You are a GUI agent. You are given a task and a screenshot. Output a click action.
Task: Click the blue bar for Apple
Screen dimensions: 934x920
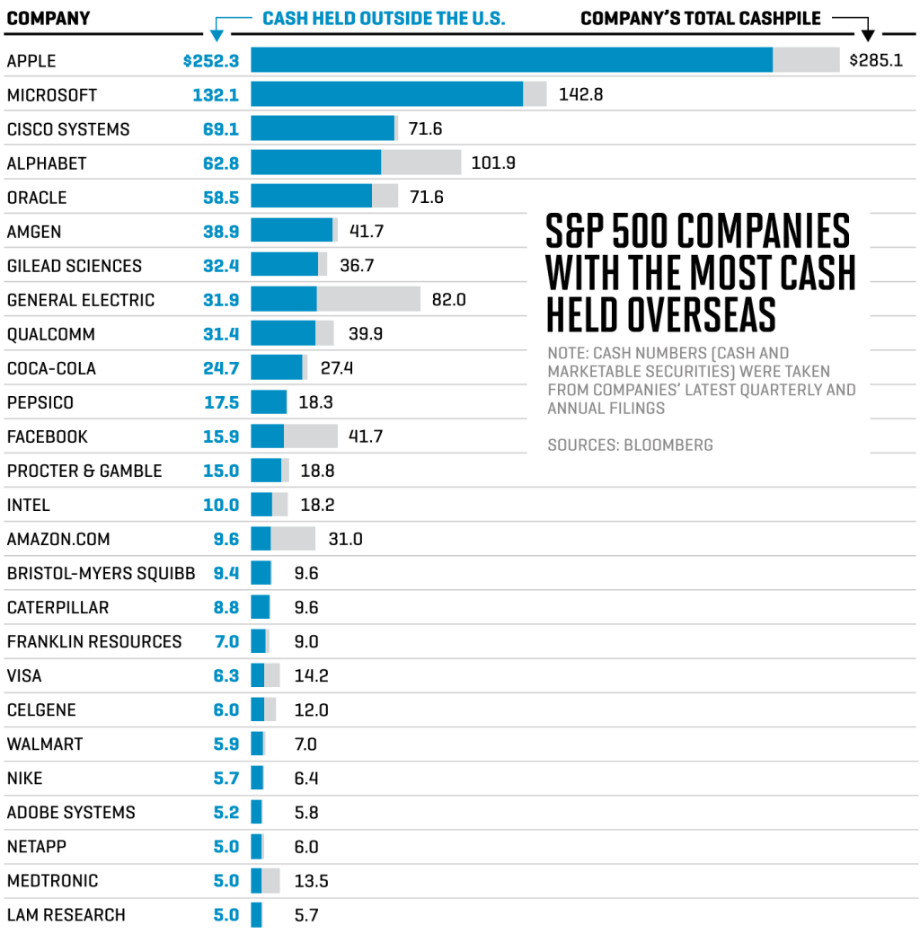click(511, 60)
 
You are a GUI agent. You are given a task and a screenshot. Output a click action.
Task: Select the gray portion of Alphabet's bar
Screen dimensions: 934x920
click(420, 163)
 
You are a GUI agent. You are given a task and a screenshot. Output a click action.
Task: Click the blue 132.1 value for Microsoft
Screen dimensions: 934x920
click(216, 95)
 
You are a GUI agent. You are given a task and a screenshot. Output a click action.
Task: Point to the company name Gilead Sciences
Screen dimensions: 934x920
click(74, 266)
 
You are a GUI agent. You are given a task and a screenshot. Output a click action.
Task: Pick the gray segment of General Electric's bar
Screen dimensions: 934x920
click(368, 299)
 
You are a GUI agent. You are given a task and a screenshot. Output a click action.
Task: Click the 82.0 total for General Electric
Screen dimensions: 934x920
click(448, 300)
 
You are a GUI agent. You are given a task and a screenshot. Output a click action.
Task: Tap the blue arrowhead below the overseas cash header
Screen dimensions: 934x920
click(216, 35)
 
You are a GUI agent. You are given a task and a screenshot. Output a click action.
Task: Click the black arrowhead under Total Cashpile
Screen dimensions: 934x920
click(868, 35)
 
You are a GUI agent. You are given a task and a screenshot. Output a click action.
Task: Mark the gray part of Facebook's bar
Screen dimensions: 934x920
click(310, 436)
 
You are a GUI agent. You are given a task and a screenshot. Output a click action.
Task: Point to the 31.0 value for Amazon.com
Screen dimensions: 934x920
click(345, 539)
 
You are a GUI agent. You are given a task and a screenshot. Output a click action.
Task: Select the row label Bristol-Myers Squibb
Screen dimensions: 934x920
click(100, 573)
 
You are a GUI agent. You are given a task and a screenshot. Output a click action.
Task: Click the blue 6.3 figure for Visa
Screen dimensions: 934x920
click(226, 675)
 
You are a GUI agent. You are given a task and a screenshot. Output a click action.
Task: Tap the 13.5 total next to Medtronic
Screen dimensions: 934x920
click(311, 881)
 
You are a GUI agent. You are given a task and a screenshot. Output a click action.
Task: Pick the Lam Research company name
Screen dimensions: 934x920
click(66, 915)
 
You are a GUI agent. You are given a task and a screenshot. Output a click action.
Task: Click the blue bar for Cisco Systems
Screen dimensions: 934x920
click(322, 128)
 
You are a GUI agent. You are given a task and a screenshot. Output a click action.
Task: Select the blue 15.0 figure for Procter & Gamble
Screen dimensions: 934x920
click(221, 471)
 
